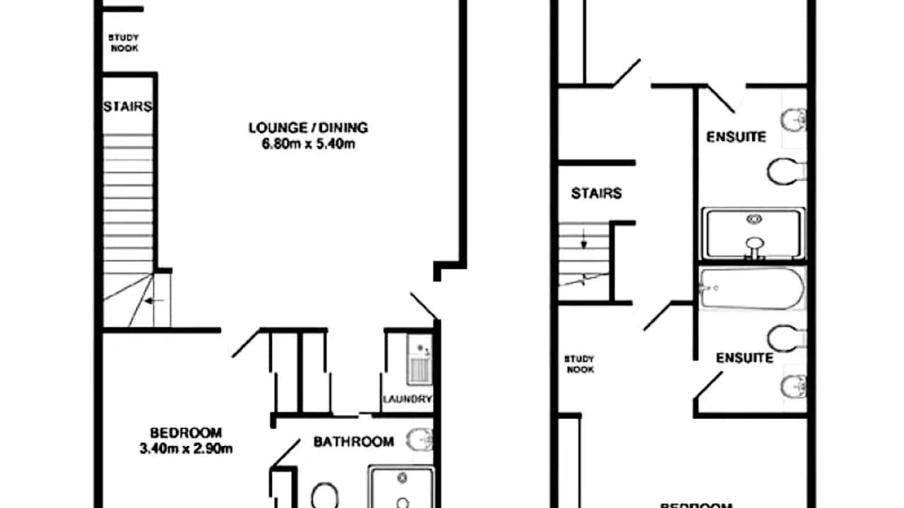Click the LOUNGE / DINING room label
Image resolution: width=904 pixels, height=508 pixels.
(308, 128)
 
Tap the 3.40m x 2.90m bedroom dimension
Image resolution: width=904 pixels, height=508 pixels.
(186, 447)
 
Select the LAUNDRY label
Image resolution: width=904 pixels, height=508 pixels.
(407, 399)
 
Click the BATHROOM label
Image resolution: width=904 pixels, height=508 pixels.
(354, 442)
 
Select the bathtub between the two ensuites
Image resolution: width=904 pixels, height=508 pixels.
(751, 288)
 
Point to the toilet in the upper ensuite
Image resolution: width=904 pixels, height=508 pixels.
(785, 171)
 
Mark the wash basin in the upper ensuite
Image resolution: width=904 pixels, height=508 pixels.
(795, 119)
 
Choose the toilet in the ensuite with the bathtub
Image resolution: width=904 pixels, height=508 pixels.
(785, 338)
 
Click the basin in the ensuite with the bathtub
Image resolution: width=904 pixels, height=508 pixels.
(795, 385)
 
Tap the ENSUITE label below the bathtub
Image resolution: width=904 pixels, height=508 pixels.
(744, 358)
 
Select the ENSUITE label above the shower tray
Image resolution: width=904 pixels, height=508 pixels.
(736, 136)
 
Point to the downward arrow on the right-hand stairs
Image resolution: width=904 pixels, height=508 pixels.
(584, 241)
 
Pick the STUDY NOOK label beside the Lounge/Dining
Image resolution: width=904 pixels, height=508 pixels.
(124, 43)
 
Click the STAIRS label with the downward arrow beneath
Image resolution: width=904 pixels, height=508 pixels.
(596, 193)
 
